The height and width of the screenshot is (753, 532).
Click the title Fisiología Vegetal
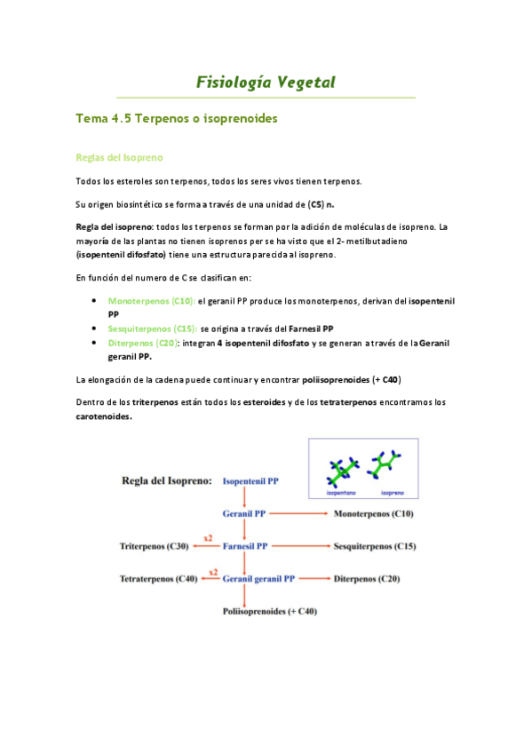click(x=266, y=83)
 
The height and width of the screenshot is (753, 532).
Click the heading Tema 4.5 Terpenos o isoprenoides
click(x=178, y=118)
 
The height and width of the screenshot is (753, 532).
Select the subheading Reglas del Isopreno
click(x=120, y=157)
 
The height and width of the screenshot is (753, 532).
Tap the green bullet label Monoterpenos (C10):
click(x=151, y=302)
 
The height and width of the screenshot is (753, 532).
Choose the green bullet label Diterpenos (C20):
click(x=142, y=342)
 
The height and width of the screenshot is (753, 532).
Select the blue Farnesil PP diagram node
click(x=245, y=546)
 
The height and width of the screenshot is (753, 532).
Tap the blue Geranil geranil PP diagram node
click(x=258, y=579)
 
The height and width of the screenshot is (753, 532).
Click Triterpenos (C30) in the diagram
click(x=153, y=546)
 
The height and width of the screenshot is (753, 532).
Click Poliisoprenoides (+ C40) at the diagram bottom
click(x=269, y=611)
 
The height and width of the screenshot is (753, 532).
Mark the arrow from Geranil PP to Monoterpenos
click(x=298, y=513)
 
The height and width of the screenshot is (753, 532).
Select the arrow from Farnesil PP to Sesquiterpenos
click(x=298, y=546)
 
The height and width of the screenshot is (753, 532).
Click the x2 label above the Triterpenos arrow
click(x=208, y=537)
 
